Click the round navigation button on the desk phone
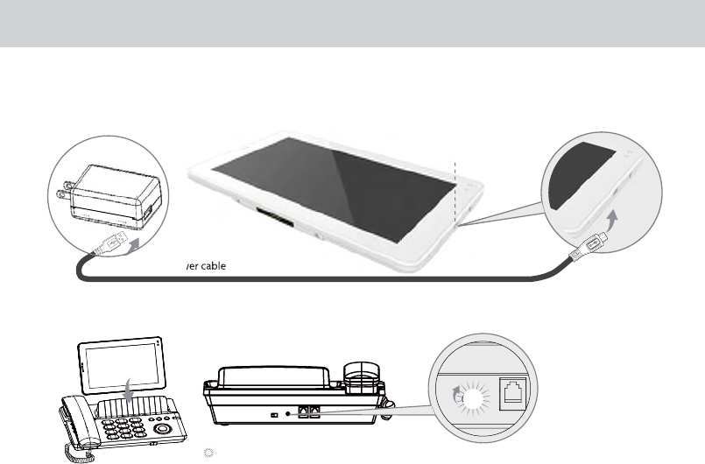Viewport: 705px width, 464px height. [x=162, y=430]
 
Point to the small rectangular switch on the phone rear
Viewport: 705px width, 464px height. [x=275, y=413]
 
